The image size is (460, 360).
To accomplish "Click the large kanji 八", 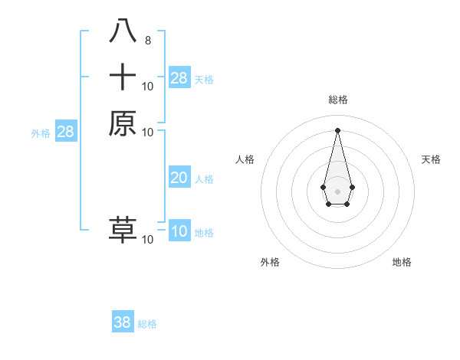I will (x=123, y=31).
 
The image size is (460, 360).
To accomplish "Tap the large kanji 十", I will (x=123, y=77).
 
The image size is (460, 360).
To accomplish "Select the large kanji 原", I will (x=123, y=123).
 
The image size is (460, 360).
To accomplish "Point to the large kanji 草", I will (x=123, y=230).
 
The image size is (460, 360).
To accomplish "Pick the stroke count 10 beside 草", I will (x=148, y=240).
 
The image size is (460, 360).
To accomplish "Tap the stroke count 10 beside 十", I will (x=148, y=87).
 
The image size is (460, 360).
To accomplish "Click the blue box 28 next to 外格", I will (x=66, y=132).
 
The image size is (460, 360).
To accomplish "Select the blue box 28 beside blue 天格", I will (x=179, y=78).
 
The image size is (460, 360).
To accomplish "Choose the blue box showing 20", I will (x=179, y=178).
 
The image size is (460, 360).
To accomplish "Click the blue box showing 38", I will (x=123, y=322).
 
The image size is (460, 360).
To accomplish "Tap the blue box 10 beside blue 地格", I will (x=179, y=231).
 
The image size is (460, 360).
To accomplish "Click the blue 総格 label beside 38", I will (x=147, y=324).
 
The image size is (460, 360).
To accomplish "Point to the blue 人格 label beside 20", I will (x=204, y=179).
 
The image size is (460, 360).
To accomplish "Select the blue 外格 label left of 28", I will (x=41, y=133).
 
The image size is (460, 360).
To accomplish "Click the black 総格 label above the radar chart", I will (x=337, y=100).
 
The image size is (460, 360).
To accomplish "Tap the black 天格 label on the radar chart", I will (x=431, y=159).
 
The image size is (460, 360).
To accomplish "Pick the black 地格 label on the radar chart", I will (x=402, y=262).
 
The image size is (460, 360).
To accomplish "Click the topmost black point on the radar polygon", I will (x=337, y=129).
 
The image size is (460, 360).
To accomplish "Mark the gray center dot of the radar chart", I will (x=337, y=191).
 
